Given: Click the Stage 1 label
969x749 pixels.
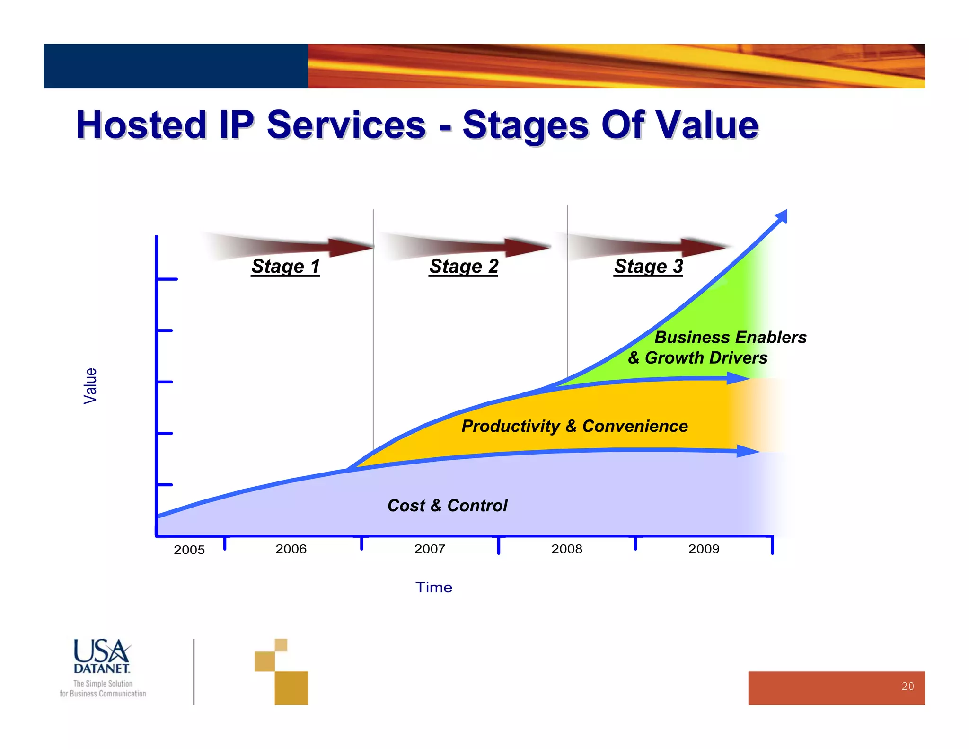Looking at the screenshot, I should click(x=285, y=266).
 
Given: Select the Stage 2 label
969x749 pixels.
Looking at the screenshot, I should click(x=463, y=266).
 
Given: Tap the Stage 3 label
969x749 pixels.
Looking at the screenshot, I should click(x=648, y=266).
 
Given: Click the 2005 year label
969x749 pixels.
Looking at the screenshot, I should click(x=189, y=550).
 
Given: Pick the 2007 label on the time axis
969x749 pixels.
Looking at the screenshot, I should click(x=430, y=549).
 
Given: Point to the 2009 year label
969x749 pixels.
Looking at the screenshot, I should click(x=704, y=549).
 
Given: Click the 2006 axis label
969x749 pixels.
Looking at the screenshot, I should click(x=291, y=549).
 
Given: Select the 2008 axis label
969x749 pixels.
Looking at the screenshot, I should click(x=566, y=549).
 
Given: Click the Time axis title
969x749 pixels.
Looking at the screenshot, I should click(x=433, y=587).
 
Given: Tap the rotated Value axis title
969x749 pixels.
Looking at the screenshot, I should click(x=90, y=386).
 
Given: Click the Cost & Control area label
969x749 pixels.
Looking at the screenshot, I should click(x=447, y=505).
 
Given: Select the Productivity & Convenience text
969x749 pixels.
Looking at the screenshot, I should click(x=574, y=426).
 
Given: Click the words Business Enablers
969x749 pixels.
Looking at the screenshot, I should click(x=730, y=337).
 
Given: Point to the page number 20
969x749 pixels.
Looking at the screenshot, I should click(x=907, y=686).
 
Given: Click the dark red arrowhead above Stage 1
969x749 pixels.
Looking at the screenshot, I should click(x=350, y=247).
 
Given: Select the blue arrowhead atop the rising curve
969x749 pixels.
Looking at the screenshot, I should click(x=782, y=217).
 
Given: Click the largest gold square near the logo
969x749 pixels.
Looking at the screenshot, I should click(x=291, y=687).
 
